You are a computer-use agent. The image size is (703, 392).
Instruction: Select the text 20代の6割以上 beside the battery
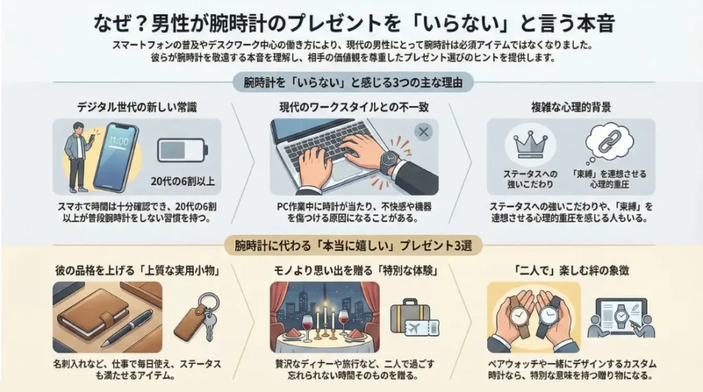point(182,181)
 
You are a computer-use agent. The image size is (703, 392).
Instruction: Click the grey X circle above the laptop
point(423,131)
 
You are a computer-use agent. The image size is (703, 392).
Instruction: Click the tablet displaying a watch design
point(622,316)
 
